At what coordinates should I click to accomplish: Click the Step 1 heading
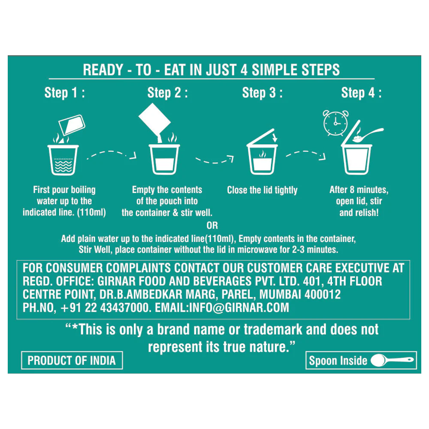[x=65, y=93]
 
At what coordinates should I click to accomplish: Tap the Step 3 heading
[x=262, y=93]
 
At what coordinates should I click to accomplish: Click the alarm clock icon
[x=336, y=123]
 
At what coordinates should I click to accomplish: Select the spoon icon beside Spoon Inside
[x=392, y=360]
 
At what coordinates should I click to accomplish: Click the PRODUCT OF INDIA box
[x=72, y=360]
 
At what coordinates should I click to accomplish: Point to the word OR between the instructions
[x=212, y=226]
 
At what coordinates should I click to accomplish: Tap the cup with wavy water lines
[x=63, y=160]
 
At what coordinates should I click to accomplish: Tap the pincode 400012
[x=323, y=294]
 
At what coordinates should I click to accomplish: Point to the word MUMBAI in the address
[x=280, y=294]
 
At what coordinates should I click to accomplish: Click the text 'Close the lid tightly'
[x=262, y=190]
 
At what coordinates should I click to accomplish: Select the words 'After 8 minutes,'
[x=359, y=190]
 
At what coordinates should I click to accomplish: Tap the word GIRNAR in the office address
[x=115, y=281]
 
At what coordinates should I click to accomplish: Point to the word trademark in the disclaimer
[x=273, y=329]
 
